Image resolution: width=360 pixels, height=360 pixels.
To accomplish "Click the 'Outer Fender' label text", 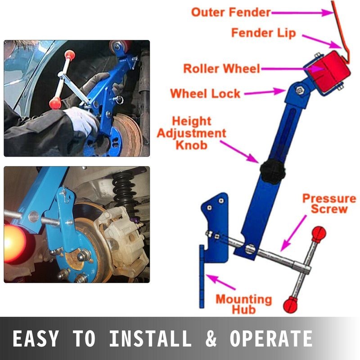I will click(231, 12).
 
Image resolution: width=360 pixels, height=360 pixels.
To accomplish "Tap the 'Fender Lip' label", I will click(264, 33).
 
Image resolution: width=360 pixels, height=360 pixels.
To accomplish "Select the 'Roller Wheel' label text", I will click(221, 69).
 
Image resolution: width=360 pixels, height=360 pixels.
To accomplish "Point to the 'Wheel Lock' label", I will click(205, 94).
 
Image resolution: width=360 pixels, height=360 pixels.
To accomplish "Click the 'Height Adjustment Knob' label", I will click(198, 133).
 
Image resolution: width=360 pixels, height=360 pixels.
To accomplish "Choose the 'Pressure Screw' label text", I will click(329, 204).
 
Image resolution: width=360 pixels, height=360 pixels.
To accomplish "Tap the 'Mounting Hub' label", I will click(243, 304).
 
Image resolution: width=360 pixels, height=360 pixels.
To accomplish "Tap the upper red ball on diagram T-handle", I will click(319, 233).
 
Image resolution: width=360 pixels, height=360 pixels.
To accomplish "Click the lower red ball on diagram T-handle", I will click(291, 305).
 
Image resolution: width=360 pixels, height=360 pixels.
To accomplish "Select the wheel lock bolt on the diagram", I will click(298, 91).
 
